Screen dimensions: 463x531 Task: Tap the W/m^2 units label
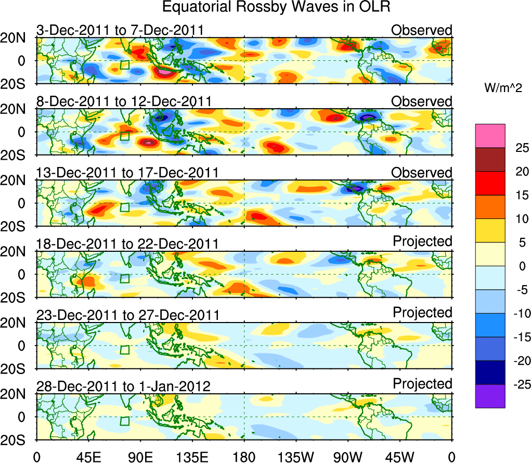point(503,89)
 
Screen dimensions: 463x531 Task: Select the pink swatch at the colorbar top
point(490,136)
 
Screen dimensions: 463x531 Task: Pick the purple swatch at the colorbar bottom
point(490,396)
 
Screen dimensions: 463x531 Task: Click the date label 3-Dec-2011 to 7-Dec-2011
point(120,30)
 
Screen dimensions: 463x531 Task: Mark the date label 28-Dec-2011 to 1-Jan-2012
point(123,387)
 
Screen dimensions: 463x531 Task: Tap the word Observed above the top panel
point(422,30)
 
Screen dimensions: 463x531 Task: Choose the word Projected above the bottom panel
point(422,384)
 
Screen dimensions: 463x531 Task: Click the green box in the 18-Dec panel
point(124,278)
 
